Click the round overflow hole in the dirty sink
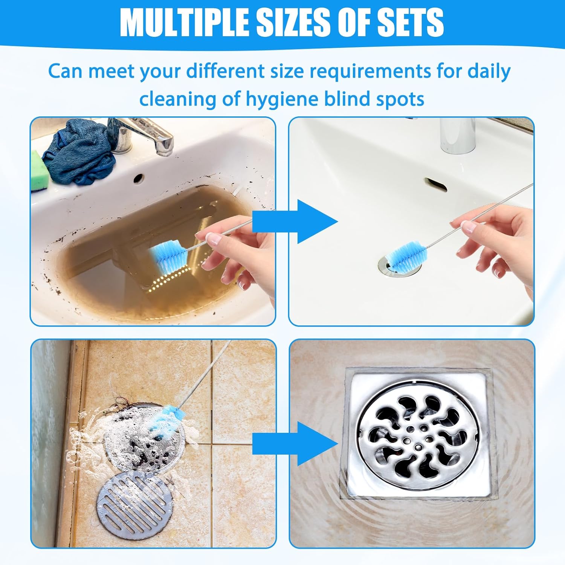(x=138, y=178)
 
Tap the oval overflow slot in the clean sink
(x=436, y=184)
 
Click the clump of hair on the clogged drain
(x=121, y=405)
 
